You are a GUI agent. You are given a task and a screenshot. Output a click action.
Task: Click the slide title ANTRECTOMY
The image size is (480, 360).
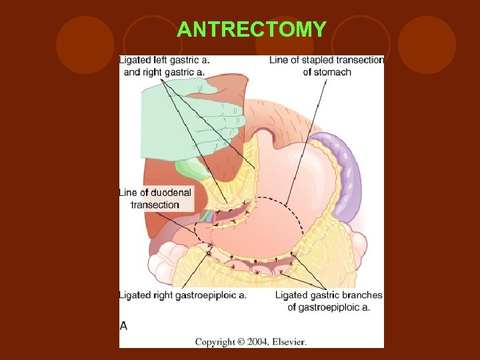[251, 29]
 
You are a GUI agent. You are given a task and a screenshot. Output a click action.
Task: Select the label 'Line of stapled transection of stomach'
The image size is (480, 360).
[327, 65]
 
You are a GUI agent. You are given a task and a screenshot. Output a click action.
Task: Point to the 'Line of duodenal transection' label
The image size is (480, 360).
[155, 198]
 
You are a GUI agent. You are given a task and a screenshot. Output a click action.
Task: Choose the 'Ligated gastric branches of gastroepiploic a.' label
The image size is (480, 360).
[329, 301]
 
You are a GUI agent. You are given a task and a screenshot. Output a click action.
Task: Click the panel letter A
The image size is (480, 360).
[123, 326]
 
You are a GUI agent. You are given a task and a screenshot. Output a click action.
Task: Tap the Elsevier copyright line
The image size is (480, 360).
[251, 341]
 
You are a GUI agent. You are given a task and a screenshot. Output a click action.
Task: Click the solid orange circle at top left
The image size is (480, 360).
[85, 45]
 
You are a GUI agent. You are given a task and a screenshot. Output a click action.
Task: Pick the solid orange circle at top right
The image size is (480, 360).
[427, 45]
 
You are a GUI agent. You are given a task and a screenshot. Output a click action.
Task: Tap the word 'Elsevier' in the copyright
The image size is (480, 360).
[287, 341]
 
